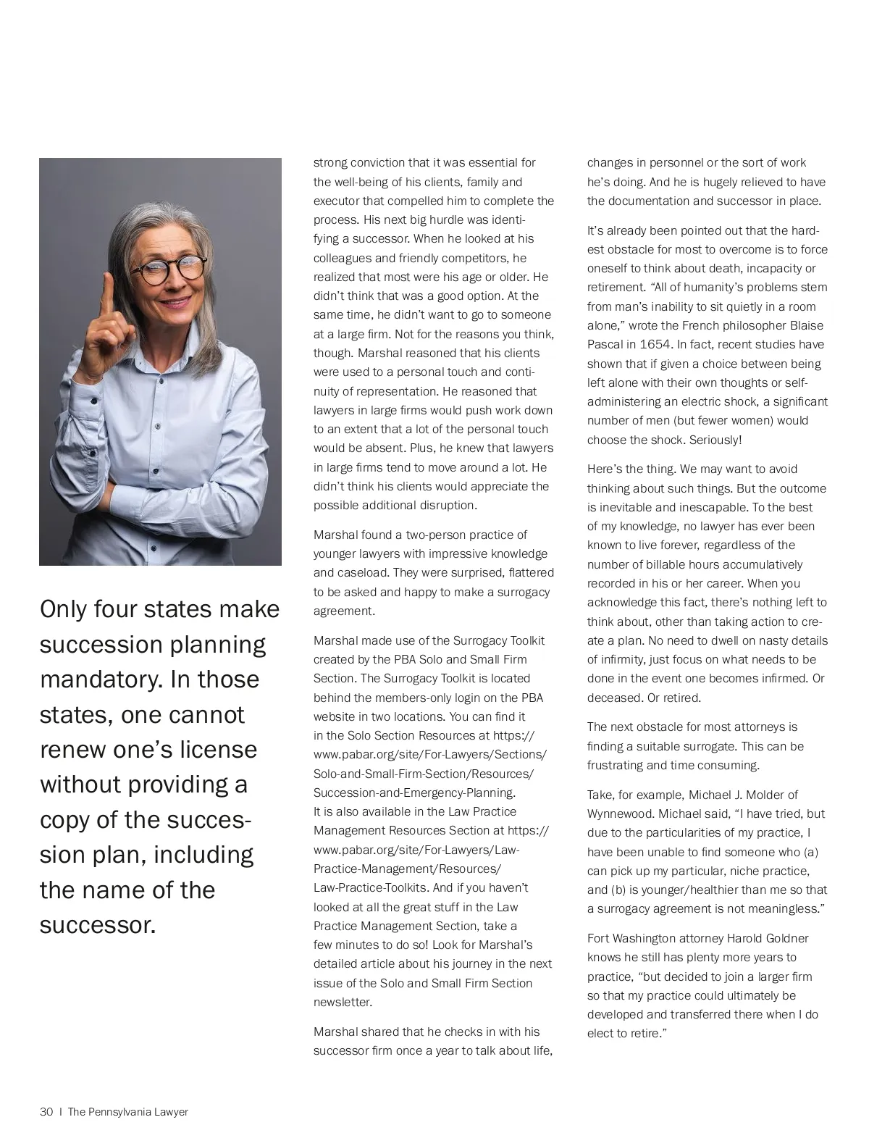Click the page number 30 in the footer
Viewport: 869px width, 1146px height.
pyautogui.click(x=46, y=1112)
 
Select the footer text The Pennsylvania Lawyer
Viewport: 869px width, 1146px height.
pyautogui.click(x=128, y=1112)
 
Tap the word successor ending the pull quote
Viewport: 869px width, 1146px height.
pyautogui.click(x=96, y=925)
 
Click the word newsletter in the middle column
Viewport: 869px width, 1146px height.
pyautogui.click(x=342, y=1003)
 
